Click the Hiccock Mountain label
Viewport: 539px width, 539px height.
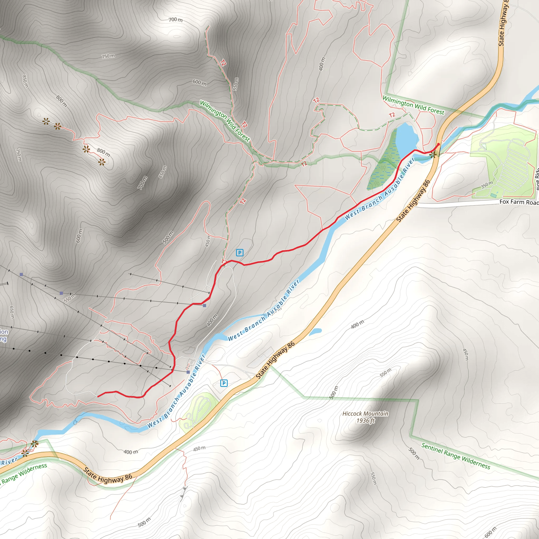pos(365,413)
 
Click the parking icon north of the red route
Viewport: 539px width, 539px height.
pos(239,253)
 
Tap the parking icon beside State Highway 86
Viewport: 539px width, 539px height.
pos(224,383)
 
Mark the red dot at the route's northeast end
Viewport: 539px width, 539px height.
pos(438,144)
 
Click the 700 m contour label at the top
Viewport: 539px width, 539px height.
pos(176,19)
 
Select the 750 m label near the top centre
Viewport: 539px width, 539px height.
pos(108,56)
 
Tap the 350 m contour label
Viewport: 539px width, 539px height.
pos(487,185)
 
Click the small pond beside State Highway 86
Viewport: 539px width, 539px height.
pos(315,331)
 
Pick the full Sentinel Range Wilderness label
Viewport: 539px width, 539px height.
pos(456,456)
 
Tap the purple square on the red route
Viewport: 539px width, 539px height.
pos(204,306)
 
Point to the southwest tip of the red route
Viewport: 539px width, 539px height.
pos(98,396)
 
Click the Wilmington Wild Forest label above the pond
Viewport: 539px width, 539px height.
pos(413,105)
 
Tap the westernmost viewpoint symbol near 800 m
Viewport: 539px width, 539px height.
pos(46,121)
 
